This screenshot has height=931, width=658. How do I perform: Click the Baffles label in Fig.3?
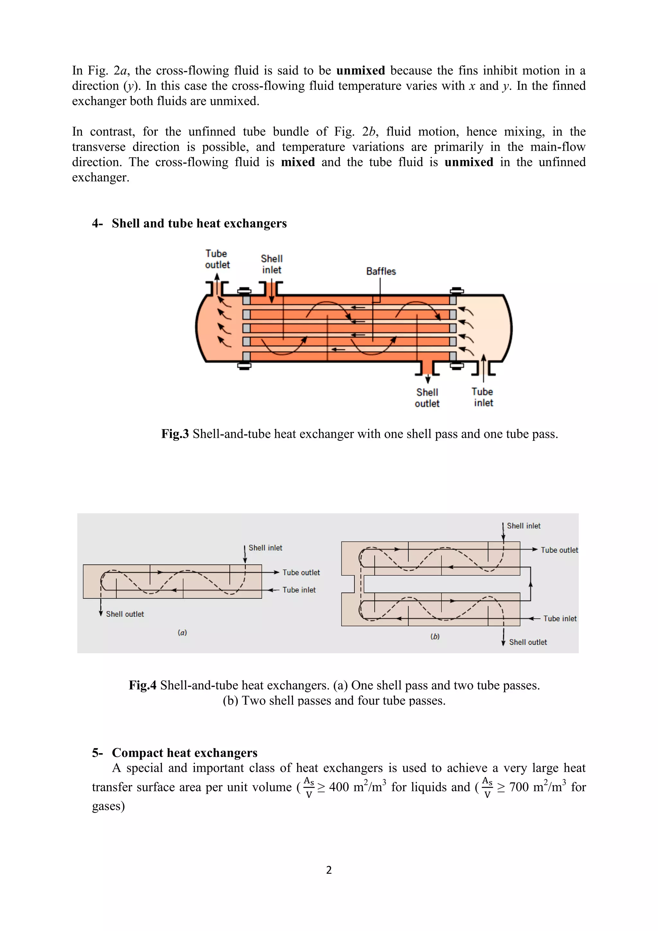coord(380,271)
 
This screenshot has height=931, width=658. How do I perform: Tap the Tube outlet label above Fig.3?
coord(217,259)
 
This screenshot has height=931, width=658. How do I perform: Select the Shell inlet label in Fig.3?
coord(271,264)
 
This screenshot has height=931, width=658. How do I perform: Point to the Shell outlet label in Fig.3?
coord(427,398)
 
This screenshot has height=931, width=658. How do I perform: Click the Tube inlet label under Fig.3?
coord(483,397)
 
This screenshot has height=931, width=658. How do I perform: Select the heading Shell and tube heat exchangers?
coord(199,223)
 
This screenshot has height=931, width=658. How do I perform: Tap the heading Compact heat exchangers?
coord(184,753)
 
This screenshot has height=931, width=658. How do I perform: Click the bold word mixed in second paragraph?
coord(298,162)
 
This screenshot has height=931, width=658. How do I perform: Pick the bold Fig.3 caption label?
coord(175,434)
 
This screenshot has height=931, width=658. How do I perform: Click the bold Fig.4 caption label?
coord(142,685)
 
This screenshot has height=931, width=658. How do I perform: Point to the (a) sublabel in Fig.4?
coord(182,633)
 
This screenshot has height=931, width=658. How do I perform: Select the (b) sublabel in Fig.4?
coord(435,637)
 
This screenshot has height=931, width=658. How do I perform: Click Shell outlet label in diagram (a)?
coord(125,614)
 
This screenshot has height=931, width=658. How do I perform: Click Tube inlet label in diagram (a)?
coord(299,590)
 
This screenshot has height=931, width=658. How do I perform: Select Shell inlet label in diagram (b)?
coord(523,526)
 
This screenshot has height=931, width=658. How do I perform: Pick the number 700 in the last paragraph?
coord(519,787)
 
